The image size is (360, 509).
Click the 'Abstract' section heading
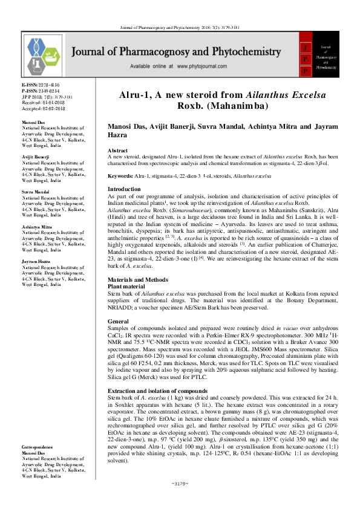click(x=117, y=150)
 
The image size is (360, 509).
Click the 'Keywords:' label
click(x=120, y=175)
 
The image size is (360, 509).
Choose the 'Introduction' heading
click(x=123, y=189)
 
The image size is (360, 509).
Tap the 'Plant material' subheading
click(x=126, y=286)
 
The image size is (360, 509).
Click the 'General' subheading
click(x=117, y=320)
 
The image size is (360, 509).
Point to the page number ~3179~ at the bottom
click(x=180, y=501)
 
